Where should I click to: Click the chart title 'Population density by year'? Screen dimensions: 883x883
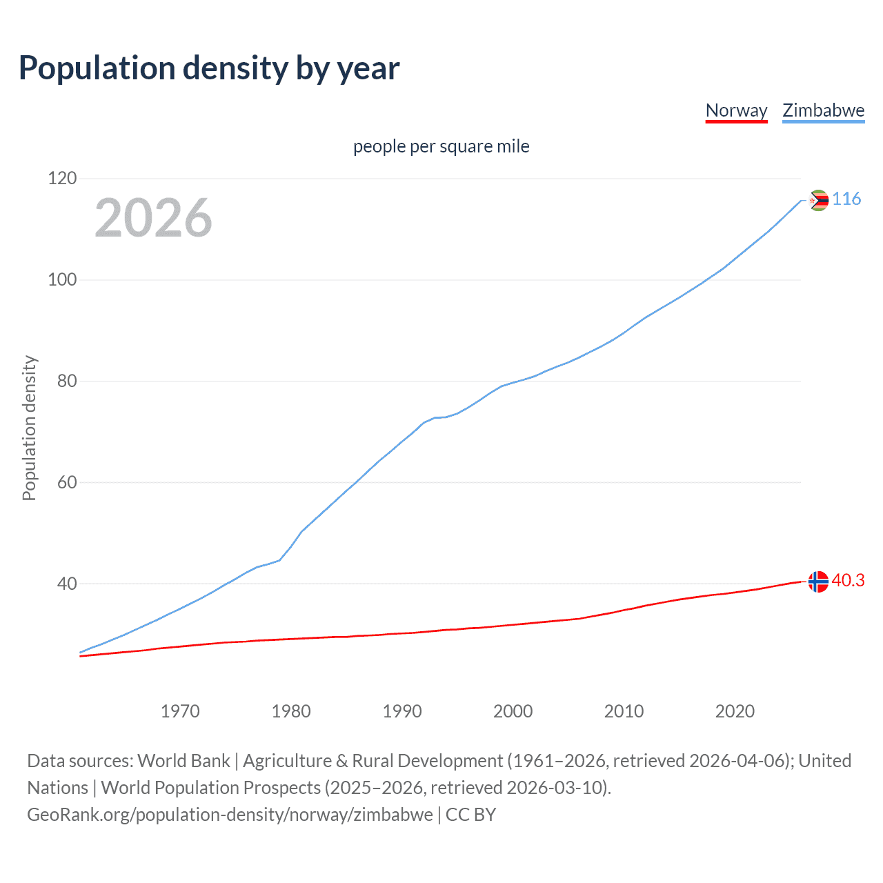(209, 68)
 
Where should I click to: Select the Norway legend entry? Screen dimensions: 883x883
(736, 110)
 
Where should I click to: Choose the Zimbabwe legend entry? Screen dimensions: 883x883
(823, 110)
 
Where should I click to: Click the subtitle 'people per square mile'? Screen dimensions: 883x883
(441, 146)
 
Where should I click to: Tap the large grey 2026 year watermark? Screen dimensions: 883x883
(153, 218)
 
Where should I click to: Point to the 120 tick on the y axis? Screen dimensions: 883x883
(62, 179)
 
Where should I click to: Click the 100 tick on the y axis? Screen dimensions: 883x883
(62, 280)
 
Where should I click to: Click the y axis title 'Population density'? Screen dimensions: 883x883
(29, 428)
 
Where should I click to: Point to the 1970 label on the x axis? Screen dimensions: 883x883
(180, 711)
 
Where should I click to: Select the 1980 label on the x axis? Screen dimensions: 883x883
(291, 711)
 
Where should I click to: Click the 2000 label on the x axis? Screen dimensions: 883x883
(513, 711)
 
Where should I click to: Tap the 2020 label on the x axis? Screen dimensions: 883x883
(735, 711)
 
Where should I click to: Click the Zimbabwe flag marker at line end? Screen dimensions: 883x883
(818, 201)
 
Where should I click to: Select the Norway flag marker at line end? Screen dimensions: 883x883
(818, 582)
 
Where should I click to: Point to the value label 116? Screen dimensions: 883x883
(846, 199)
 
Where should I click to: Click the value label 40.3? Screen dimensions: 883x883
(848, 581)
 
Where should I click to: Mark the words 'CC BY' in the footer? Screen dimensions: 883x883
(470, 815)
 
